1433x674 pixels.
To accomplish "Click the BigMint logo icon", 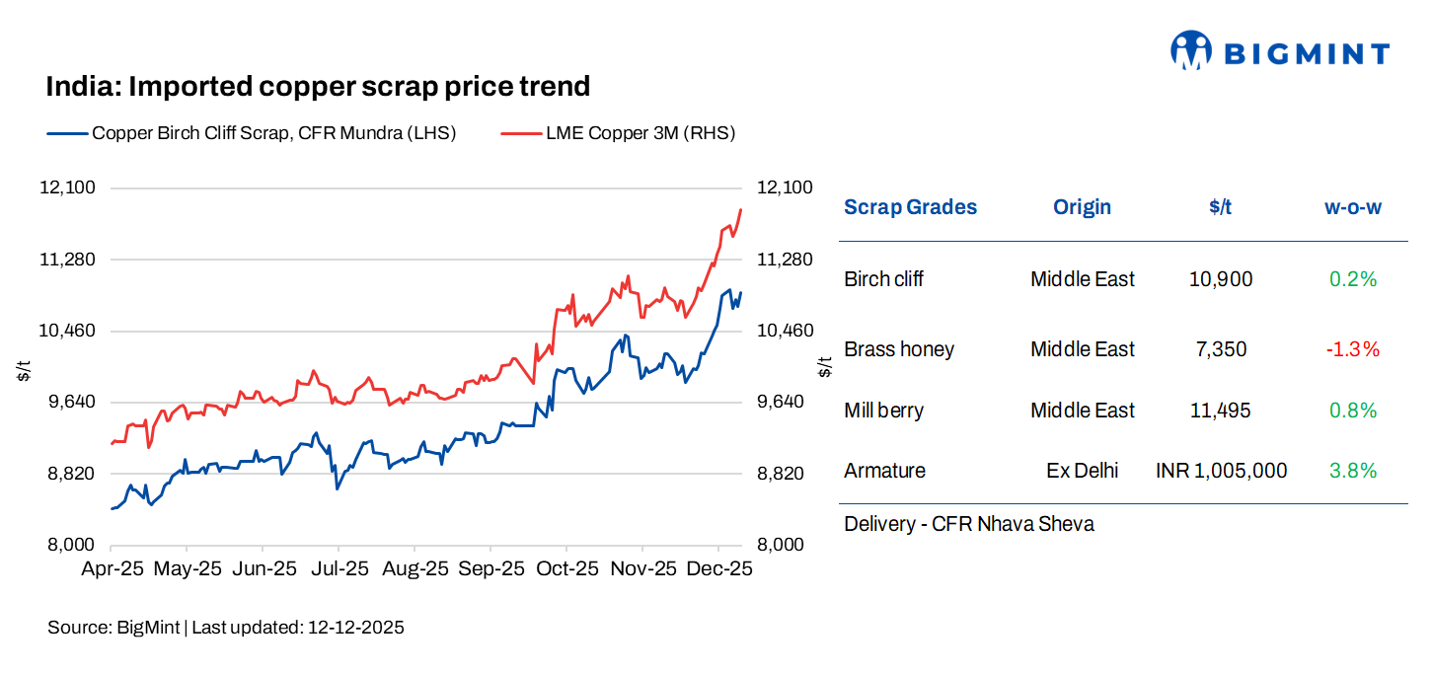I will [1190, 50].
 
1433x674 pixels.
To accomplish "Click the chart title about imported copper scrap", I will [318, 87].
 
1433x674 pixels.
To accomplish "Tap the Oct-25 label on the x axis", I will [567, 569].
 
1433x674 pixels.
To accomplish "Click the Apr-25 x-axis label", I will [112, 569].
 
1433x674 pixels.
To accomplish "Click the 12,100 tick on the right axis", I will [784, 188].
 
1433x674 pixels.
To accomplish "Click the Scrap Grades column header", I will [910, 207].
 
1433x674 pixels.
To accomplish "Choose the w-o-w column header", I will [1352, 207].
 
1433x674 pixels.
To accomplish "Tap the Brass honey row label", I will [899, 349].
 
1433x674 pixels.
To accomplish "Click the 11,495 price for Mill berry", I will [1220, 411].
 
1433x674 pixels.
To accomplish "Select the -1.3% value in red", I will [1352, 349].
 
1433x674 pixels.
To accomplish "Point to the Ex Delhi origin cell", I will [1082, 471].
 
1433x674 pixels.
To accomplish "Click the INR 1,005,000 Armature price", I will [1221, 471].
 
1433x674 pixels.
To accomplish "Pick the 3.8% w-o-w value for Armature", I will [1352, 471].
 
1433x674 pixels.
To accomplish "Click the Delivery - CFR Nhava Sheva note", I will [968, 524].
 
